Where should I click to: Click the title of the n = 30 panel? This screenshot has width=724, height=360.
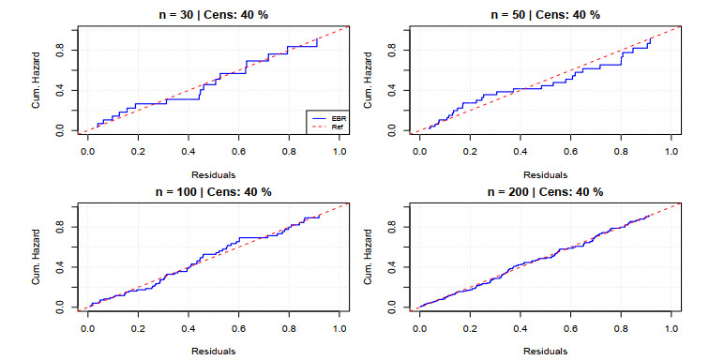213,15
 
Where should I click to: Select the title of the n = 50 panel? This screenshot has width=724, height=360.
545,15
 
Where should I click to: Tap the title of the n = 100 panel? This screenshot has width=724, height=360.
213,192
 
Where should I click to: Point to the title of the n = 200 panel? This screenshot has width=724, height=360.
545,192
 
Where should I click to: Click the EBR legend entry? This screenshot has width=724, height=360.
327,118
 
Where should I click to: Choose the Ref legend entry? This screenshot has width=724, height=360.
327,126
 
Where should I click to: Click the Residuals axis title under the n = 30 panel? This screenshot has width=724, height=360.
213,175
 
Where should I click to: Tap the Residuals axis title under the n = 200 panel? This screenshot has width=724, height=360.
545,352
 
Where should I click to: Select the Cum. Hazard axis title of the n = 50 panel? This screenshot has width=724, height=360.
368,80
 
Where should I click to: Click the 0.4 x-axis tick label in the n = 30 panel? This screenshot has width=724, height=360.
188,149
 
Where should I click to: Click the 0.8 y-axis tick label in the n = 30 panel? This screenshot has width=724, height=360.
60,50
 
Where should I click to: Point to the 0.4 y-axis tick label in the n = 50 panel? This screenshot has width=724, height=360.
392,90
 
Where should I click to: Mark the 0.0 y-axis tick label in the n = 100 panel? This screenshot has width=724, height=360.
60,307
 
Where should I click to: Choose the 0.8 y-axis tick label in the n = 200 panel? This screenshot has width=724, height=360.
392,227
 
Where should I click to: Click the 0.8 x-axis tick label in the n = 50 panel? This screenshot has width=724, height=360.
621,149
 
